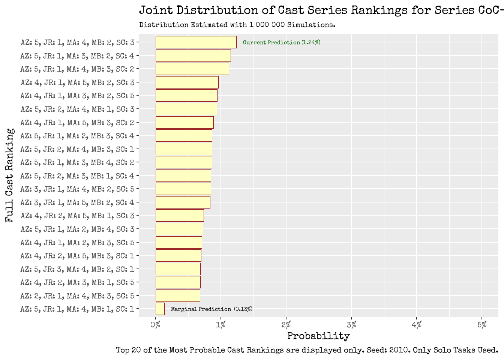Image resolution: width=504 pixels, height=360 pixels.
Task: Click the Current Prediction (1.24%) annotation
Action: point(281,42)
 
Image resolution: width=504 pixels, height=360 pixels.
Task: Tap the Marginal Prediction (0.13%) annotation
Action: point(211,309)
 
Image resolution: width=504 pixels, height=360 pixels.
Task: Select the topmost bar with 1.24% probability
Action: point(196,42)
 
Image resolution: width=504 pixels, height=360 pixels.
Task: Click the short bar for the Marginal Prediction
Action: point(160,309)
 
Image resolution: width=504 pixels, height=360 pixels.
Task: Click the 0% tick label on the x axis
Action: point(156,325)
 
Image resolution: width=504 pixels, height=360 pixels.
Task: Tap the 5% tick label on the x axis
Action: point(482,325)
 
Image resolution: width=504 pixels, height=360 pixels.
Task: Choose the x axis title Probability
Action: point(318,336)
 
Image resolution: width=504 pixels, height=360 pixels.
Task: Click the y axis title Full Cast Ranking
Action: point(10,175)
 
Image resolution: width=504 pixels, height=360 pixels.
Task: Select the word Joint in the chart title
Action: point(156,10)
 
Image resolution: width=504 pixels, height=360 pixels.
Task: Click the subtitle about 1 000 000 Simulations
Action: point(237,25)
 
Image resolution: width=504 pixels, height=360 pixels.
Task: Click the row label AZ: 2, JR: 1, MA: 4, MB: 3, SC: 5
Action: point(77,296)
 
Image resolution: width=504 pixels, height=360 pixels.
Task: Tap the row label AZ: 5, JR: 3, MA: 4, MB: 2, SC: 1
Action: point(77,269)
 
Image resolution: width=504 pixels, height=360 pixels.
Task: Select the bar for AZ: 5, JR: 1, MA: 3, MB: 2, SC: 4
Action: point(193,56)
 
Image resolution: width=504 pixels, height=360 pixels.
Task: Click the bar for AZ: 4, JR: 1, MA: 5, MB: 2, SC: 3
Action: point(187,82)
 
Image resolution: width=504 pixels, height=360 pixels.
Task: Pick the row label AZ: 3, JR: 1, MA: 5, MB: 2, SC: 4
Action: point(77,202)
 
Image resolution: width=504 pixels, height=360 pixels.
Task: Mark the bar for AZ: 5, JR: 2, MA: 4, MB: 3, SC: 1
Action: point(184,149)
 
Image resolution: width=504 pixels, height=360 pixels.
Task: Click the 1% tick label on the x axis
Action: point(221,325)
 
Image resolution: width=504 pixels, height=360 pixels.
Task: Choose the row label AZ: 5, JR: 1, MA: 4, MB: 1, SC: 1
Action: point(77,309)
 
